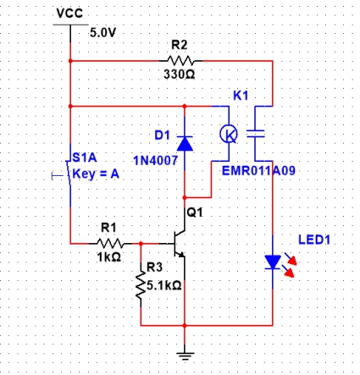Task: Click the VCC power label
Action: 69,14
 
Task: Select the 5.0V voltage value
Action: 102,33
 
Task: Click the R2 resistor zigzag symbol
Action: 180,60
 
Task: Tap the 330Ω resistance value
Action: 180,74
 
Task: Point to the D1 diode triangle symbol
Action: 185,143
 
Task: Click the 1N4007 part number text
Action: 155,161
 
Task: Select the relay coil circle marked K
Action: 229,134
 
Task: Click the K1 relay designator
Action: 241,96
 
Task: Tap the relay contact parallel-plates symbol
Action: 256,134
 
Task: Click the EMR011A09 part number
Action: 258,171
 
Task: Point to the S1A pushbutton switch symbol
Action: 67,175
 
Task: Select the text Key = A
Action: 96,174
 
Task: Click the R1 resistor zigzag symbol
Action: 110,243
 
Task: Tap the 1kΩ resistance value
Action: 109,257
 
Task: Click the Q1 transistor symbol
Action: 180,244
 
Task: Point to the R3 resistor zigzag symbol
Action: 141,285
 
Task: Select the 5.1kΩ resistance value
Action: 164,285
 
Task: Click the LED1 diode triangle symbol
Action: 273,262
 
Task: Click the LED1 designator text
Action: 314,240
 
